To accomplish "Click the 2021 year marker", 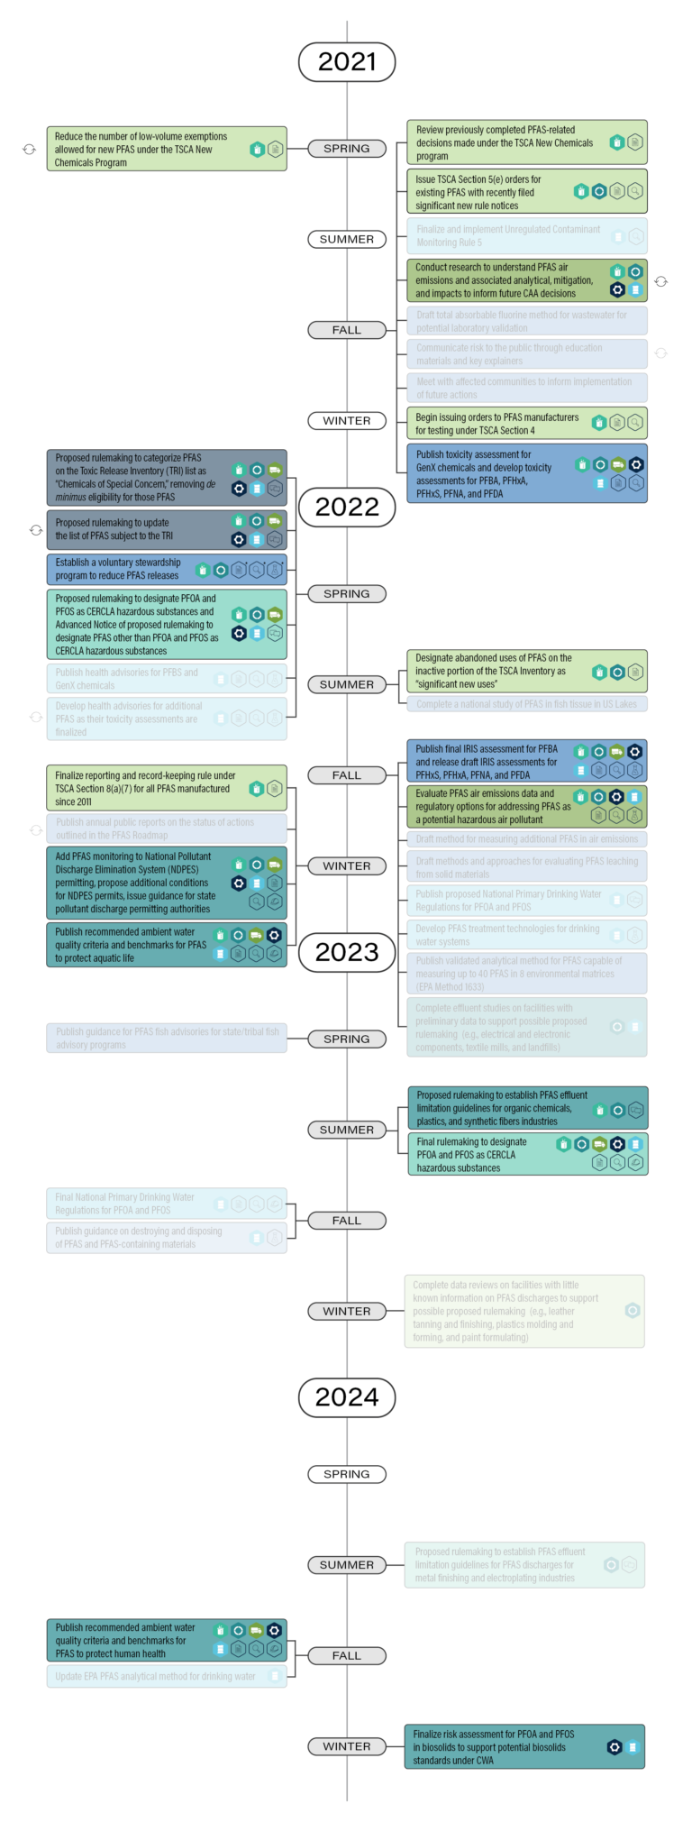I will coord(347,62).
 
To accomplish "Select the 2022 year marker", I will coord(347,507).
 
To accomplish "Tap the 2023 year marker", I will coord(347,952).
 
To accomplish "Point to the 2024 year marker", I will coord(347,1397).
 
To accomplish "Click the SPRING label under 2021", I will coord(347,149).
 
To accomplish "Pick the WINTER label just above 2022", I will coord(347,421).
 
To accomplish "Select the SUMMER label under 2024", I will coord(347,1565).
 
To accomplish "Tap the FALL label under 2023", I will coord(347,1221).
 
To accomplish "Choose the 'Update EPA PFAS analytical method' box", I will coord(167,1677).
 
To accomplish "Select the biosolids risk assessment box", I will coord(524,1747).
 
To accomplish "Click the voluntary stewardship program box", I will coord(167,569).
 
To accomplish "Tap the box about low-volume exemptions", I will coord(167,150).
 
